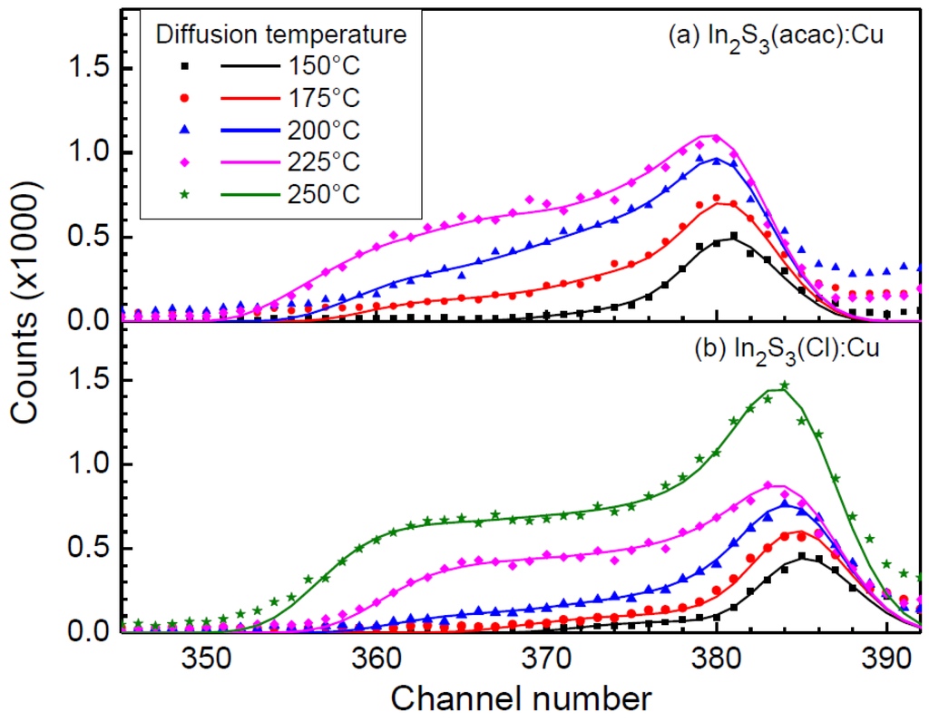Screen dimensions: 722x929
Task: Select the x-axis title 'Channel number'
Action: [514, 698]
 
